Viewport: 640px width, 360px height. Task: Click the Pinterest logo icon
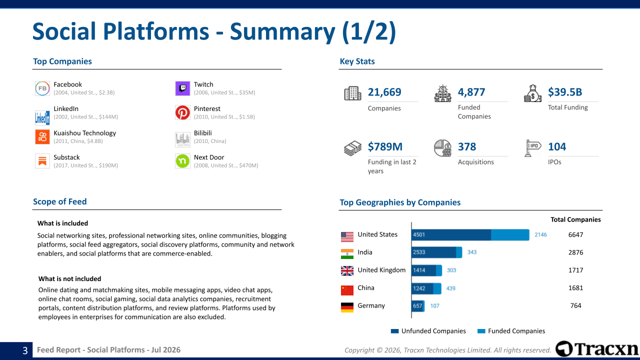pos(182,112)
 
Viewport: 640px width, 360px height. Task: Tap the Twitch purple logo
pos(182,88)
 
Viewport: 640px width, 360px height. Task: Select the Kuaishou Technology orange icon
pos(42,137)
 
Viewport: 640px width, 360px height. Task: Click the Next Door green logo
pos(182,161)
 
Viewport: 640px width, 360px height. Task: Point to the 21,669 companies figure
pos(384,92)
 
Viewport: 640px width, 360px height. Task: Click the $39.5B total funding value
pos(565,92)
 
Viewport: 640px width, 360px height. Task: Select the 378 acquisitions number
pos(467,146)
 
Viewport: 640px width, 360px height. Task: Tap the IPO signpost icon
pos(532,148)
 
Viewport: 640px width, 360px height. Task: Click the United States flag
pos(347,237)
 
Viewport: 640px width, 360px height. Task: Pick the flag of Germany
pos(347,307)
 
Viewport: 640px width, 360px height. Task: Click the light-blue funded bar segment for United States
pos(510,235)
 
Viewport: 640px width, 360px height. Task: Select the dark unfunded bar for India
pos(434,252)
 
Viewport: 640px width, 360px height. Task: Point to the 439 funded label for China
pos(450,288)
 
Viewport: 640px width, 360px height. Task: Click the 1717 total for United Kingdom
pos(575,270)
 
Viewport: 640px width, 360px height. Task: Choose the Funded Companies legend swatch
pos(481,331)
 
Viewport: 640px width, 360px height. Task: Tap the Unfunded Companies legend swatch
pos(394,331)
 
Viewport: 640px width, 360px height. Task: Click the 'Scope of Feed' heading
pos(59,201)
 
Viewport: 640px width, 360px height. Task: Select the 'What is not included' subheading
pos(69,278)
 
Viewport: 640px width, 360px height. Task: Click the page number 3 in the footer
pos(25,350)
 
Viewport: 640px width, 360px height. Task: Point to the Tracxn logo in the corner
pos(597,349)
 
